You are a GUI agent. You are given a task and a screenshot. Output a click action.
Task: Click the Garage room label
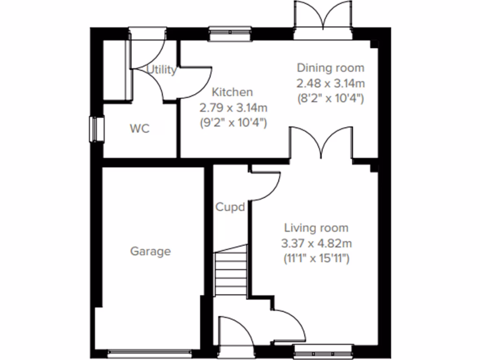(150, 251)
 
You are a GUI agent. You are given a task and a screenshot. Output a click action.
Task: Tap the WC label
(140, 128)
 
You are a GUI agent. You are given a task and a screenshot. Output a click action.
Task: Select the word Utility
(162, 70)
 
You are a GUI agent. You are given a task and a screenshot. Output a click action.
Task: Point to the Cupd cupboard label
(230, 207)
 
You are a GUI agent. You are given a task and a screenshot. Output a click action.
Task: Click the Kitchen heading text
(232, 92)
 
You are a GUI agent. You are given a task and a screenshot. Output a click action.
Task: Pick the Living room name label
(316, 228)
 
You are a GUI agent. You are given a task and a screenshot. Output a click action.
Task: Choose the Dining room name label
(330, 68)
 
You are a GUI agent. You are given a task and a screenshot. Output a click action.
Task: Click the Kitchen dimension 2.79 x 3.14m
(233, 108)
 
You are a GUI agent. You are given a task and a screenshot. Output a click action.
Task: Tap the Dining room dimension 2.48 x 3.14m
(330, 83)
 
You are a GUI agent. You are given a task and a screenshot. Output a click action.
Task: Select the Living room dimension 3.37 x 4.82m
(316, 243)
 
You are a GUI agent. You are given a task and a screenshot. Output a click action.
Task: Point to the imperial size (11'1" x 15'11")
(316, 258)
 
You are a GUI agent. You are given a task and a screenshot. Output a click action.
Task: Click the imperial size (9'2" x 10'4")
(233, 123)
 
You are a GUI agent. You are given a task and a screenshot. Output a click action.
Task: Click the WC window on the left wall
(97, 128)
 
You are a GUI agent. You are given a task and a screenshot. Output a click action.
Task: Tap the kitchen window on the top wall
(230, 34)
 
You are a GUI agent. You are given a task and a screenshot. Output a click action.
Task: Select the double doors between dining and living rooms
(321, 143)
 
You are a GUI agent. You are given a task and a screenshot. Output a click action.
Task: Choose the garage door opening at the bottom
(150, 351)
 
